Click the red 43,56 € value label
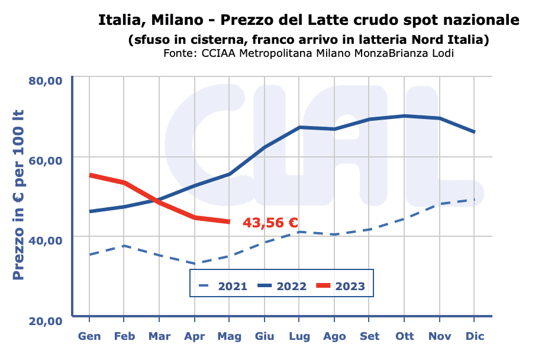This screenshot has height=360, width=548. [x=270, y=223]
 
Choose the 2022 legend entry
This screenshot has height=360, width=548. [x=282, y=287]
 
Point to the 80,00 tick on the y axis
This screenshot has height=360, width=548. [x=46, y=81]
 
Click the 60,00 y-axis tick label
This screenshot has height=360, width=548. [x=46, y=160]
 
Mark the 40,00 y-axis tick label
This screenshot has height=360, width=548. [x=46, y=240]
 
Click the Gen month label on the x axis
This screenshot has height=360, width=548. [x=89, y=336]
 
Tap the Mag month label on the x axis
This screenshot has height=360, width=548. [x=229, y=336]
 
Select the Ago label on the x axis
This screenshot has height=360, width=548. [x=334, y=336]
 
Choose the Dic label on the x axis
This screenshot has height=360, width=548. [x=475, y=336]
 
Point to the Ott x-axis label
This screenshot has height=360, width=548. [x=405, y=336]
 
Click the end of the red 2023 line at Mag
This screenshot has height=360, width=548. [x=229, y=221]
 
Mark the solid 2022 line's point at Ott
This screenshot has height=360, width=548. [x=405, y=116]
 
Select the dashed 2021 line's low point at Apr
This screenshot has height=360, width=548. [x=195, y=263]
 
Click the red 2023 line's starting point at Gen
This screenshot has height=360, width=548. [x=90, y=175]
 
